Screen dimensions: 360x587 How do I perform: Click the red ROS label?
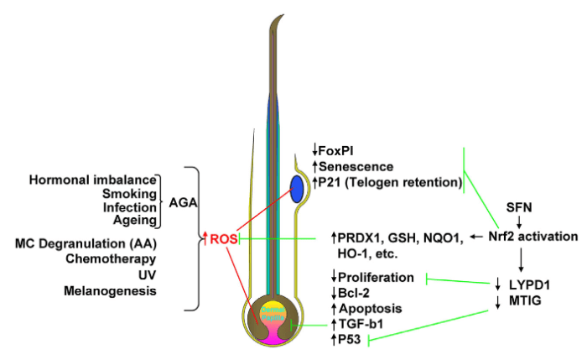pos(223,238)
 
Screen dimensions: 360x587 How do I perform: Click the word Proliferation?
pos(377,278)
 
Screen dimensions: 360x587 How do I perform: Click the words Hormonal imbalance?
pos(93,180)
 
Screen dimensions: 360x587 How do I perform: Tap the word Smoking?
pos(130,194)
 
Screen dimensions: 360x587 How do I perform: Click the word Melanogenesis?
pos(110,290)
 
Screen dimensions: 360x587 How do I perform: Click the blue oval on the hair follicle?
pos(299,189)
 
